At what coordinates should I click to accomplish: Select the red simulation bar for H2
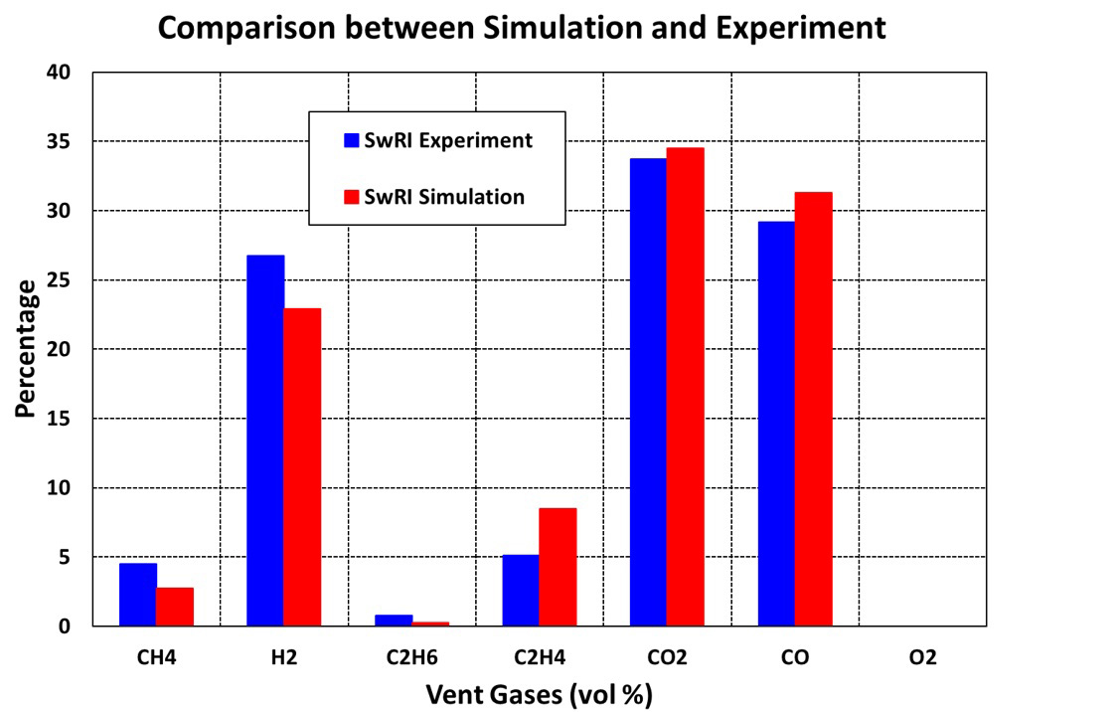click(302, 467)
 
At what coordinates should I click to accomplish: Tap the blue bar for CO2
click(648, 392)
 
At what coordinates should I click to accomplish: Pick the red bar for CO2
click(685, 387)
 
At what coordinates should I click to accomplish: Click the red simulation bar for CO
click(813, 409)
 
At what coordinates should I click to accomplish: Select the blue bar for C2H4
click(520, 591)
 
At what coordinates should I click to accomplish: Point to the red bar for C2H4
click(558, 567)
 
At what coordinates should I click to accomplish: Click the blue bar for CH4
click(137, 595)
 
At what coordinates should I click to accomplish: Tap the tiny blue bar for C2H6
click(394, 621)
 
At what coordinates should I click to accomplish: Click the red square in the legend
click(351, 197)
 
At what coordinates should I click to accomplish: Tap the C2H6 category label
click(411, 658)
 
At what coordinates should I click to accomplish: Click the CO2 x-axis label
click(667, 658)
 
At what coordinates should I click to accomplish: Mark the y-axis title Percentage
click(27, 348)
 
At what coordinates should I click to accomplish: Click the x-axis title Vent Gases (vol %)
click(539, 693)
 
